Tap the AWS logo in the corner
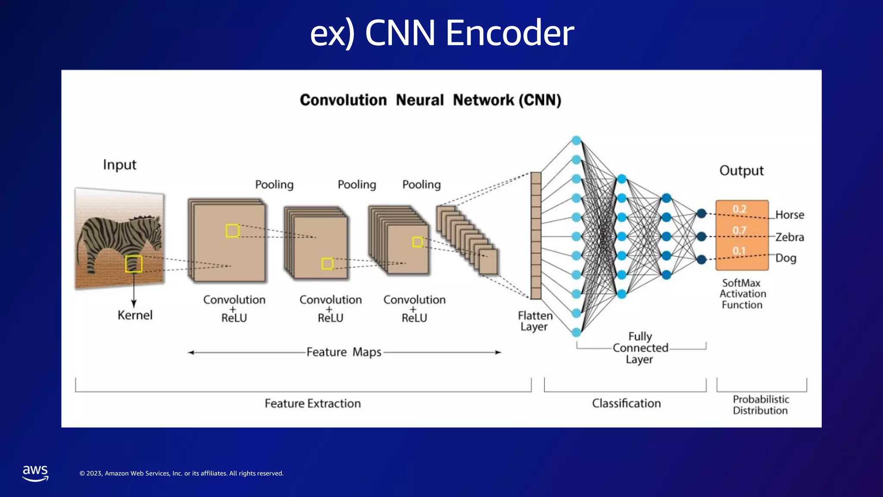pyautogui.click(x=35, y=473)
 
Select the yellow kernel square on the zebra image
pyautogui.click(x=134, y=264)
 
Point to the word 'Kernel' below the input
pyautogui.click(x=135, y=315)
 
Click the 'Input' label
pyautogui.click(x=119, y=165)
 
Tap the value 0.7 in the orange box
pyautogui.click(x=739, y=230)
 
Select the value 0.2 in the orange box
pyautogui.click(x=739, y=209)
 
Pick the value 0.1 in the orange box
pyautogui.click(x=739, y=251)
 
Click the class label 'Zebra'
pyautogui.click(x=790, y=237)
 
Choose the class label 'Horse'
pyautogui.click(x=790, y=215)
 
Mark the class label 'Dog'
pyautogui.click(x=786, y=258)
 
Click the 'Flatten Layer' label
pyautogui.click(x=535, y=321)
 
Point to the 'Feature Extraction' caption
pyautogui.click(x=313, y=403)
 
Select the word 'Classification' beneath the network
pyautogui.click(x=626, y=403)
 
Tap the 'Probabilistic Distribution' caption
pyautogui.click(x=761, y=405)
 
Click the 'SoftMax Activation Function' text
pyautogui.click(x=742, y=294)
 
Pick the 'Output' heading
pyautogui.click(x=742, y=170)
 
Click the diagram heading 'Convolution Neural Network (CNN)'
pyautogui.click(x=430, y=100)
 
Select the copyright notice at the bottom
pyautogui.click(x=182, y=473)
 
